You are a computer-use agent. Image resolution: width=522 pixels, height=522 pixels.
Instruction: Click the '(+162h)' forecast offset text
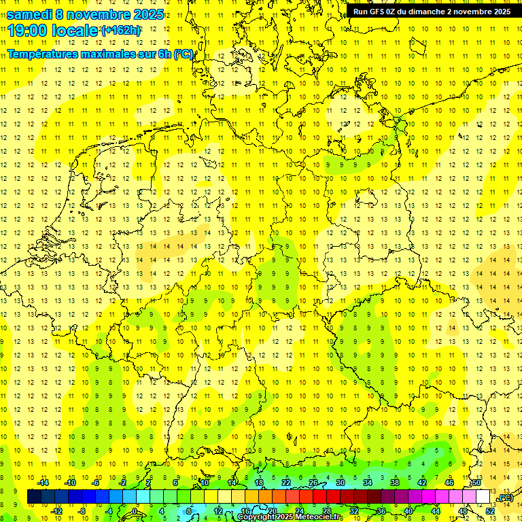121,31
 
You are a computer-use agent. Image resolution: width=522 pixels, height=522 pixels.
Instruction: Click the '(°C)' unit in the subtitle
184,54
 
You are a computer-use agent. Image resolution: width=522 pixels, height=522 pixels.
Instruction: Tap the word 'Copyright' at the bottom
257,517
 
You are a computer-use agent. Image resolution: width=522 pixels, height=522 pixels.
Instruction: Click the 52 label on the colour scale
489,511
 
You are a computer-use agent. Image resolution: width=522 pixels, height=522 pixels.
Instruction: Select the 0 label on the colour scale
135,511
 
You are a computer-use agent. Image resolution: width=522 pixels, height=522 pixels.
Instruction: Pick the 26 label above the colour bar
313,483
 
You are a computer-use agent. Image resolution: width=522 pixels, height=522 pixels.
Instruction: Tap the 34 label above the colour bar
368,483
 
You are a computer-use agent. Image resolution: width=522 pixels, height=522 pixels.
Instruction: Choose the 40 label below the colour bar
408,511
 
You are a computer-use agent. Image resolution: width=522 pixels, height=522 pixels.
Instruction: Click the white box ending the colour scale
483,497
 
